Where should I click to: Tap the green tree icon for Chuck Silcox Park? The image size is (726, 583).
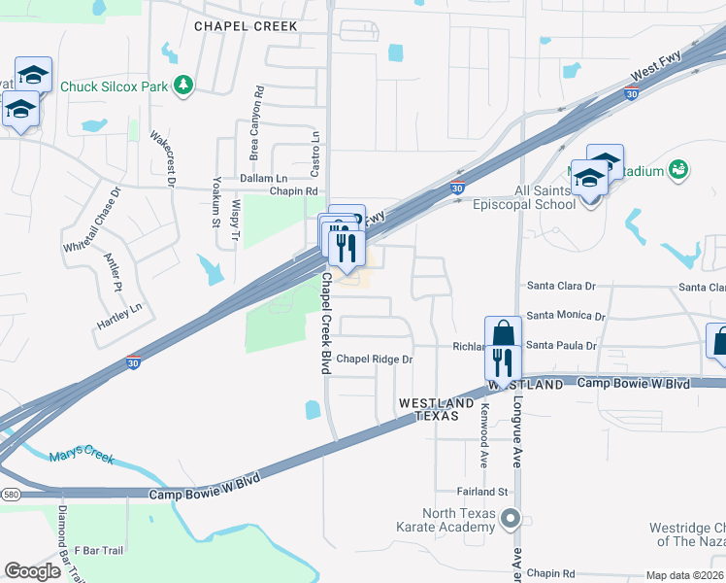[x=182, y=86]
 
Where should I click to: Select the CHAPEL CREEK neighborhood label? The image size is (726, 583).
[x=246, y=26]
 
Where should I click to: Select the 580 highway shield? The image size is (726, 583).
[x=11, y=495]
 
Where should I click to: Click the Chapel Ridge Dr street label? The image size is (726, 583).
[x=375, y=360]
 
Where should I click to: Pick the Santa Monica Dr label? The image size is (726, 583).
[x=566, y=317]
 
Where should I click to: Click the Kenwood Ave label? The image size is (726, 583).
[x=483, y=432]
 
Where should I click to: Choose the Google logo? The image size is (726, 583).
[x=32, y=570]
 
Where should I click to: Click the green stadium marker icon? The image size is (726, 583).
[x=679, y=171]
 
